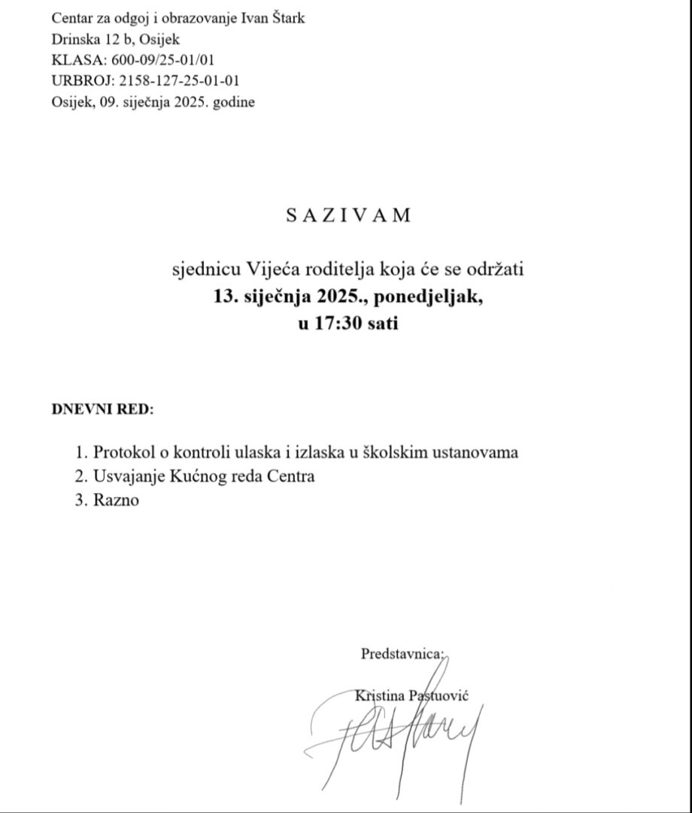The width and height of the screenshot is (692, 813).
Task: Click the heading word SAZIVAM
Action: (349, 215)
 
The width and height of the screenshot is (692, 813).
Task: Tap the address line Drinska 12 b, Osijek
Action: (116, 40)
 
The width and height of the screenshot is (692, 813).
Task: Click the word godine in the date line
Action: (234, 102)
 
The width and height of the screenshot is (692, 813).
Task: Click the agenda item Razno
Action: (117, 500)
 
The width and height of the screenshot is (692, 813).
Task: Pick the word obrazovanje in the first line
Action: (189, 19)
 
